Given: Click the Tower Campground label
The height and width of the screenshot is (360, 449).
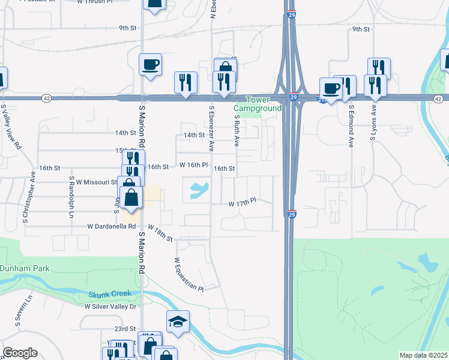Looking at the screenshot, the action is pos(257,103).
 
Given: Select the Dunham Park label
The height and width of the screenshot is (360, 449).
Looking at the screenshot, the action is pos(25,268).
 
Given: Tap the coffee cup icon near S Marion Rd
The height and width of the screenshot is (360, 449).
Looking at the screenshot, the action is pos(150,64).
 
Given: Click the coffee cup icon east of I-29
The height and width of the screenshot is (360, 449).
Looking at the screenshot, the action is pos(331,88).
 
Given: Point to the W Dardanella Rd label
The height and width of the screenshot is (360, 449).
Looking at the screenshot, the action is pos(112,227).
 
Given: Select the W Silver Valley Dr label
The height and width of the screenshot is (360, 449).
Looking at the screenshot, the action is pos(110,307).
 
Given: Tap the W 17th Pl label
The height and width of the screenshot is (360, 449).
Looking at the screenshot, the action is pos(242,204).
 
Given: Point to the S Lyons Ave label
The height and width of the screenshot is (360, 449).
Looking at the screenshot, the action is pos(372,123).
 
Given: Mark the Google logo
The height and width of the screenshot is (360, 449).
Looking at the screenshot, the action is pos(20,353).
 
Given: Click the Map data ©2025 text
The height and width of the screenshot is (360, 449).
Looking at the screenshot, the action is pos(423,355).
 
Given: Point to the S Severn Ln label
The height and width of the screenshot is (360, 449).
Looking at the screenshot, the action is pos(19,312).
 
